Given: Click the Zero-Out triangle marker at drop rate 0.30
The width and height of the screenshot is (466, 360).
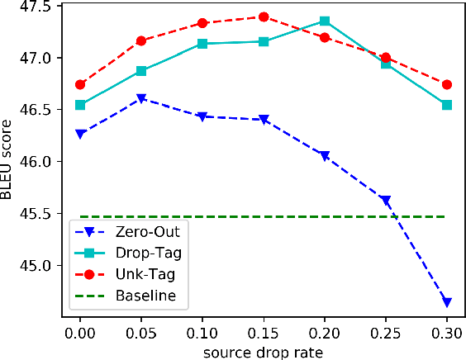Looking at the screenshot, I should coord(447,302).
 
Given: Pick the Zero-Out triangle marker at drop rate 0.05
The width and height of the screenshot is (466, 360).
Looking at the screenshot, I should coord(141,98).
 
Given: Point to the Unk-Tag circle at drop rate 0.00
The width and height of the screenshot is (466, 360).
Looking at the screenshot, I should coord(80,84).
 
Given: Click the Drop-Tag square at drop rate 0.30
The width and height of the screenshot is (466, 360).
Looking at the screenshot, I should coord(447,105).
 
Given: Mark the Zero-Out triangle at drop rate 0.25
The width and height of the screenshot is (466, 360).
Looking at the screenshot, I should coord(386,201).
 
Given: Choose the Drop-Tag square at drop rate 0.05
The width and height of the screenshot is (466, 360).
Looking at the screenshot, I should coord(141,71).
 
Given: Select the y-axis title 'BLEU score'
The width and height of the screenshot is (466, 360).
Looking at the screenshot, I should coord(10,162).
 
